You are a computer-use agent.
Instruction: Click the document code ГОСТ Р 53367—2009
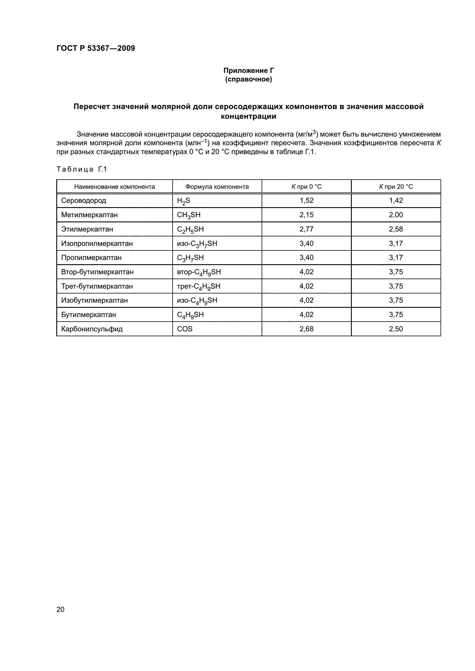point(96,48)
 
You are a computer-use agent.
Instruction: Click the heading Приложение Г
point(249,71)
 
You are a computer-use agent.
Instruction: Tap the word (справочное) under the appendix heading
point(249,79)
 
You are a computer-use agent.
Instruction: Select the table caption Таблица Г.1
point(82,169)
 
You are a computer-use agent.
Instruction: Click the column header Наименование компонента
point(114,187)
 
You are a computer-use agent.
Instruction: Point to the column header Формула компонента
point(217,187)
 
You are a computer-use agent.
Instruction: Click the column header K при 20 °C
point(396,187)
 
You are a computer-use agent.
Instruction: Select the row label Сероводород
point(84,201)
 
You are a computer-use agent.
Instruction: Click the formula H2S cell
point(184,201)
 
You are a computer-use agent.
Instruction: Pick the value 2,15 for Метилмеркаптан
point(306,215)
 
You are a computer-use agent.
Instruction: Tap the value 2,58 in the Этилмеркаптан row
point(396,229)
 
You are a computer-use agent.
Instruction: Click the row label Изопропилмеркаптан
point(97,244)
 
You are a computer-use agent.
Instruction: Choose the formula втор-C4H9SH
point(199,272)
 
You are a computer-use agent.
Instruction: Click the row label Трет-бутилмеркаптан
point(97,286)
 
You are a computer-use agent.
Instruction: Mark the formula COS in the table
point(185,329)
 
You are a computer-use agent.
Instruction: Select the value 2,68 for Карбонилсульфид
point(306,329)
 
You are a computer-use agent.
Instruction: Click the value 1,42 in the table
point(396,201)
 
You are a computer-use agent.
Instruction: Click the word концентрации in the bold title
point(248,116)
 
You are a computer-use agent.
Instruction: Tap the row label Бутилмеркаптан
point(89,315)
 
